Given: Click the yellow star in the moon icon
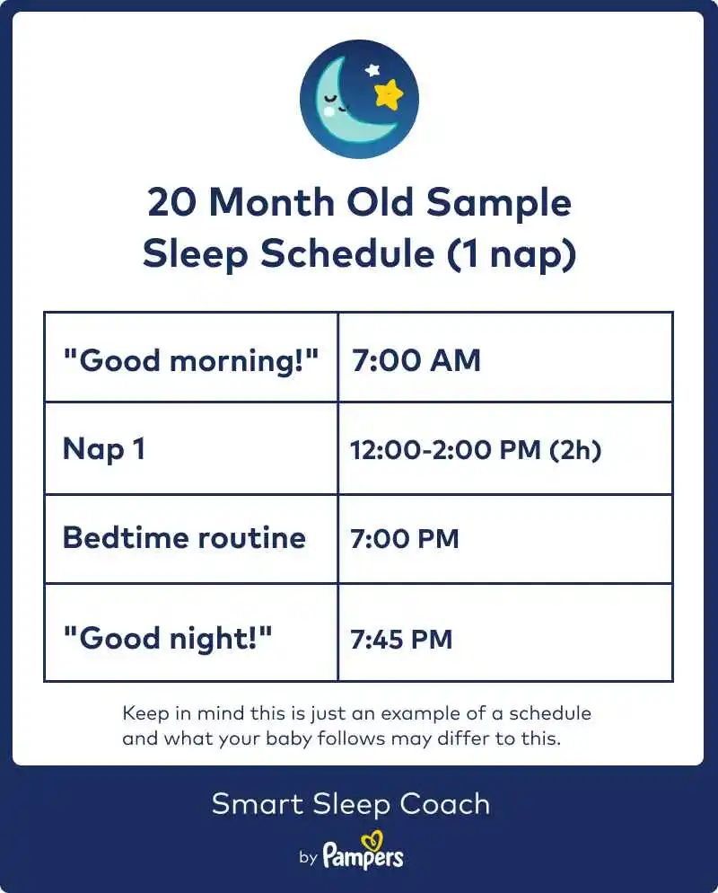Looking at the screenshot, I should coord(389,93).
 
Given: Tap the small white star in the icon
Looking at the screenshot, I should coord(372,69).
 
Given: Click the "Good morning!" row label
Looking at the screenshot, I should coord(190,360).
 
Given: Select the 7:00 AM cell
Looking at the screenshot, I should coord(416,360).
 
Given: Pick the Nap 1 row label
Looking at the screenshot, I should coord(103,449).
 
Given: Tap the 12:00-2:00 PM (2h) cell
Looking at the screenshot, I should coord(475,449).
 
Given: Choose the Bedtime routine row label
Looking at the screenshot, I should coord(184,538).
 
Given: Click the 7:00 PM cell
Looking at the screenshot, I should coord(404,539).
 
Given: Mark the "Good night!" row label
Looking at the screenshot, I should coord(167,639).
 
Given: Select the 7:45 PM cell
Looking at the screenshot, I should coord(401,640).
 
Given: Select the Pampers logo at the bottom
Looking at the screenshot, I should coord(363,856).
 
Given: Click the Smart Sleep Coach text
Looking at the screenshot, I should coord(351,803).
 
